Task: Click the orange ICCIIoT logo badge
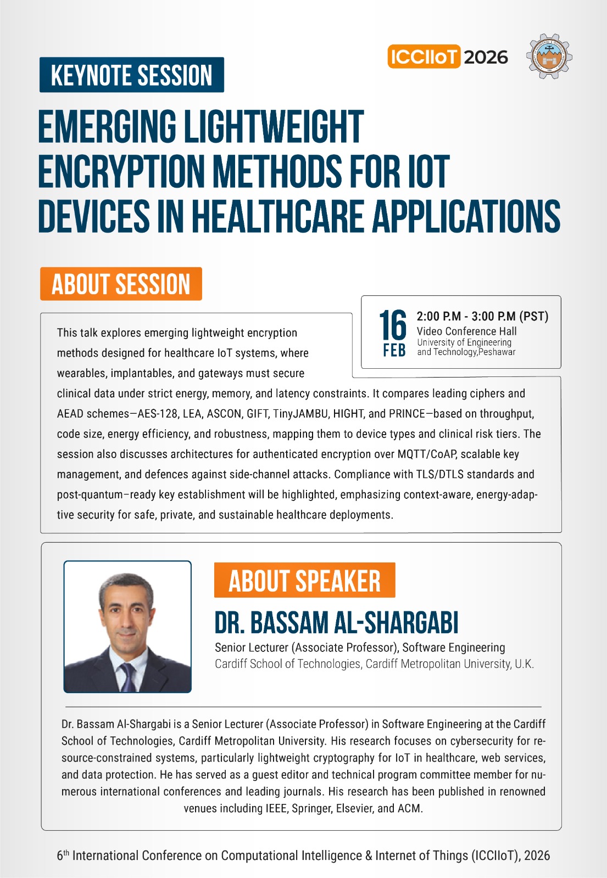424,57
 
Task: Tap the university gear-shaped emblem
549,57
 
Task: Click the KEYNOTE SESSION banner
132,75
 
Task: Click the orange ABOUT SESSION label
121,284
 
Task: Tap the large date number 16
393,325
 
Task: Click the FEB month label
394,350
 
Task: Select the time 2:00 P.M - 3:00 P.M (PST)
482,316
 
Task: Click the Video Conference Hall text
466,331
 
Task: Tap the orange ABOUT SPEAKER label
304,581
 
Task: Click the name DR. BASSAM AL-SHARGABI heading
336,623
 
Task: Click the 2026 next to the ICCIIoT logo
486,57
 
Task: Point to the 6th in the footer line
63,855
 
